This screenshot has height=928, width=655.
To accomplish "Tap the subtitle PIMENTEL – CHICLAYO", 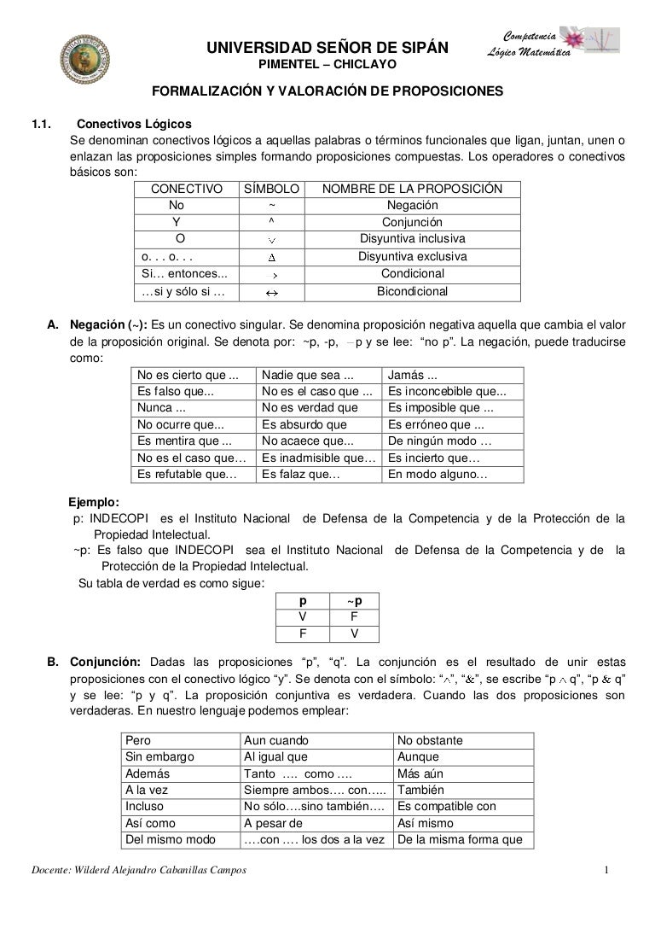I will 327,64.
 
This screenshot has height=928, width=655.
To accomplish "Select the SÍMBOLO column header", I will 271,189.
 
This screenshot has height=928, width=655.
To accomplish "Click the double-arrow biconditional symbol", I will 272,292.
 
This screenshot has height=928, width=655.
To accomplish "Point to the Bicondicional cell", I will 412,291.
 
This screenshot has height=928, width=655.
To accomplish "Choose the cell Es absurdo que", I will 304,424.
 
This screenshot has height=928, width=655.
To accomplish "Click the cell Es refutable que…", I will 188,474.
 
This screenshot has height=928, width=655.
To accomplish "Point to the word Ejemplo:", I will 94,501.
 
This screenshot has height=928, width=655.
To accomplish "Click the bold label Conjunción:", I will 105,662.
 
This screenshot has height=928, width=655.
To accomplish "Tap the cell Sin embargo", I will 159,756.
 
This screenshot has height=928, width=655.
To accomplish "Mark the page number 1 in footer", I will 606,870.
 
